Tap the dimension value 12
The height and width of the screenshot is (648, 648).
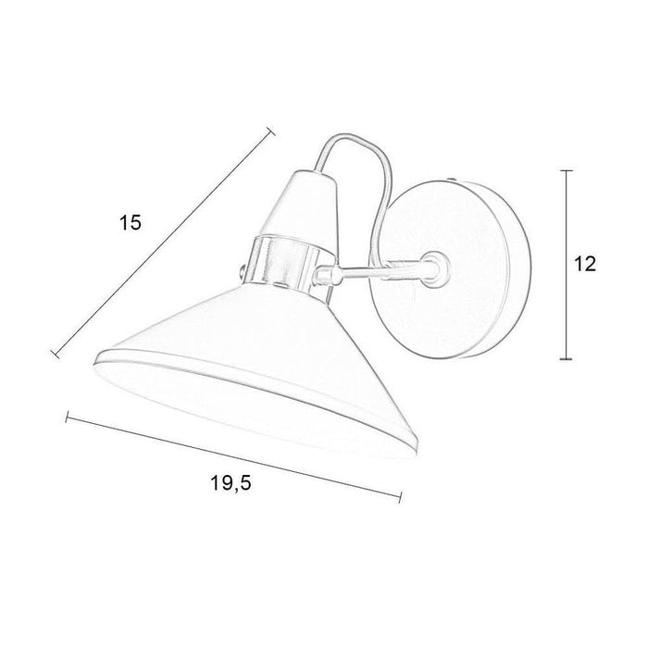click(x=582, y=264)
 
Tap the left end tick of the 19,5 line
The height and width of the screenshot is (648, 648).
click(x=67, y=417)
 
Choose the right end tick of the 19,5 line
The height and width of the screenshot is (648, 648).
click(x=401, y=497)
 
